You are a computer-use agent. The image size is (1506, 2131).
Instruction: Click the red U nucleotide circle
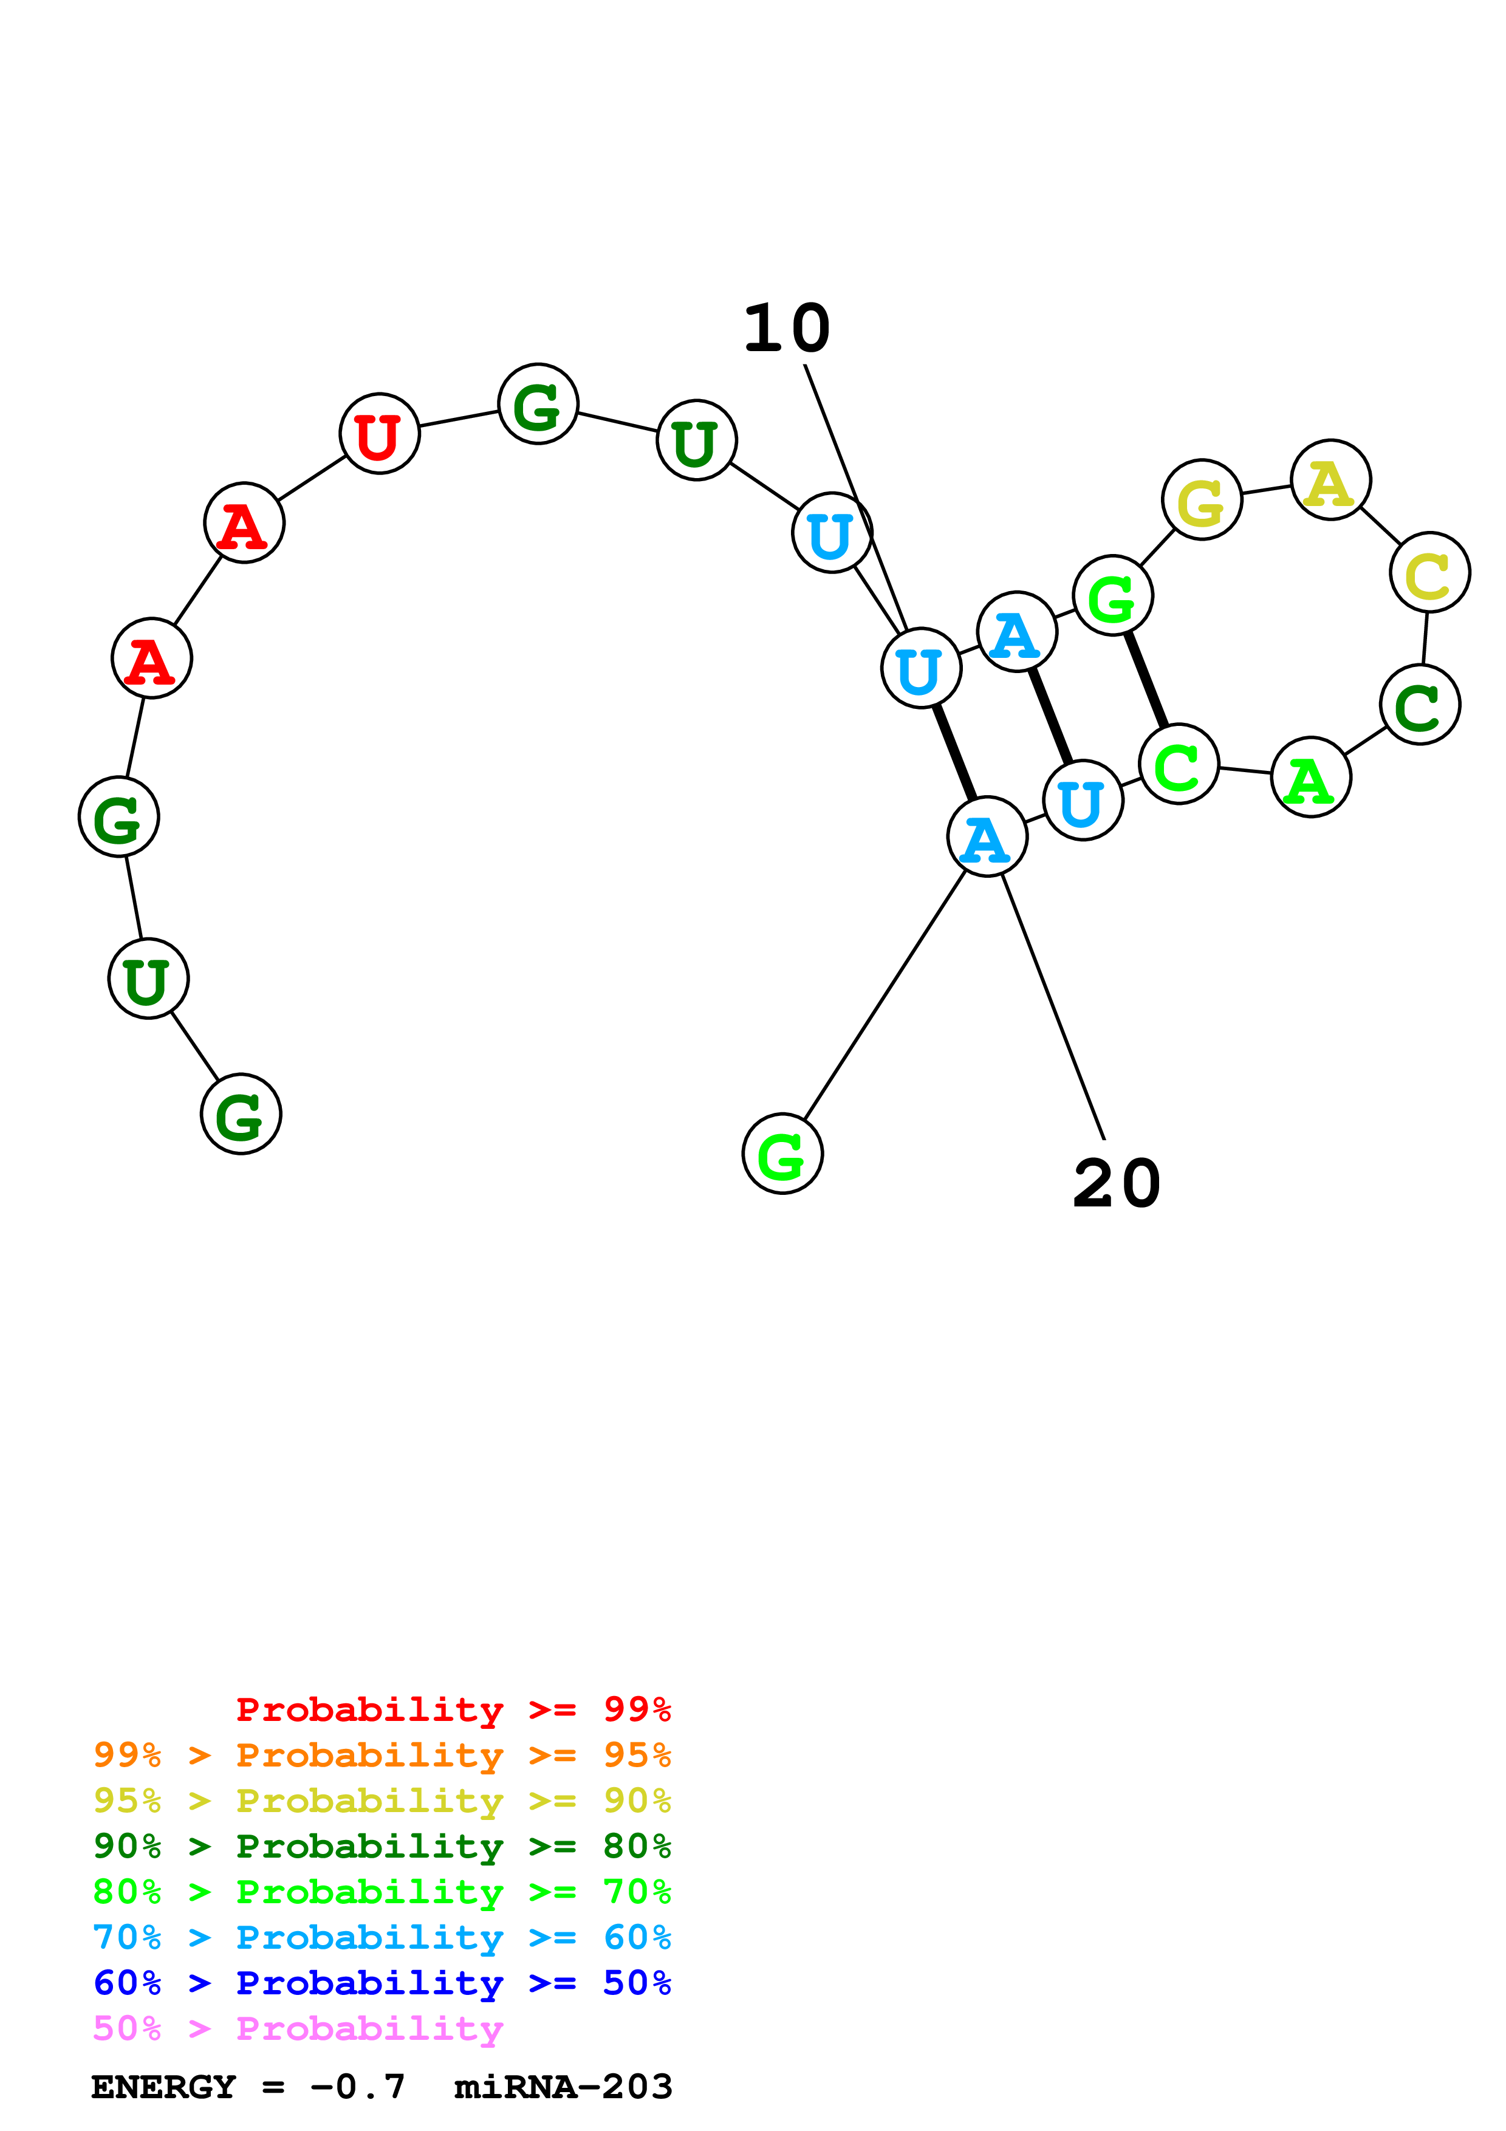pyautogui.click(x=380, y=434)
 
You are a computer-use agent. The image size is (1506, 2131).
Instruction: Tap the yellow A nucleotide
pyautogui.click(x=1330, y=480)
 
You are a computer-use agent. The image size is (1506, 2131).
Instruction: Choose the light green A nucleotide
pyautogui.click(x=1310, y=777)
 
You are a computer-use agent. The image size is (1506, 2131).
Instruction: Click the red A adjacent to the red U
pyautogui.click(x=244, y=522)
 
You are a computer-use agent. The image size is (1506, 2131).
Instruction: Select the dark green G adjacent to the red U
pyautogui.click(x=538, y=404)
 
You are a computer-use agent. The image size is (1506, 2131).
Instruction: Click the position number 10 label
pyautogui.click(x=786, y=329)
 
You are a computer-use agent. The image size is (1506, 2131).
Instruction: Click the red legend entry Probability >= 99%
pyautogui.click(x=453, y=1709)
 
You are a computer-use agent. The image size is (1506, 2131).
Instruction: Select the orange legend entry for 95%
pyautogui.click(x=382, y=1755)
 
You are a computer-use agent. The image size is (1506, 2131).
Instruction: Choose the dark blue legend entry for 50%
pyautogui.click(x=382, y=1983)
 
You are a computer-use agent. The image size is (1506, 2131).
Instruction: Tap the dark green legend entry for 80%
pyautogui.click(x=382, y=1846)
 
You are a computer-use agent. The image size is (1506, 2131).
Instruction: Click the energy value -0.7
pyautogui.click(x=357, y=2087)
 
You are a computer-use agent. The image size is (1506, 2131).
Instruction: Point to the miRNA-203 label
pyautogui.click(x=563, y=2087)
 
